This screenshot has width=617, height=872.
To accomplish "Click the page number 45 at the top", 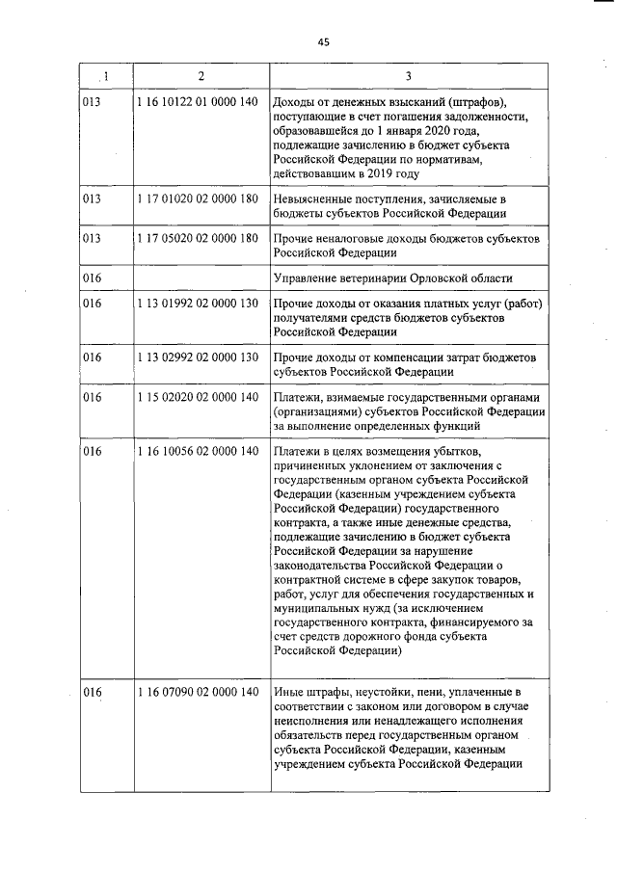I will click(x=323, y=41).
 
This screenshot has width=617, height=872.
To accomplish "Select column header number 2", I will click(x=201, y=76).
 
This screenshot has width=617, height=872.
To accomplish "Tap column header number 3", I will click(x=409, y=76).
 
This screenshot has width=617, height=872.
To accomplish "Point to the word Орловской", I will click(x=448, y=278).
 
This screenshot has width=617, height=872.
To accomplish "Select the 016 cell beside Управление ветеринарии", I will click(x=93, y=278).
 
